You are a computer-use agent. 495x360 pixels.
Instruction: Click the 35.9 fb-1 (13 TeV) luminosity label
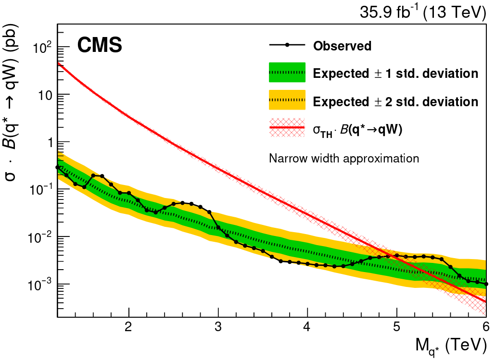tap(423, 12)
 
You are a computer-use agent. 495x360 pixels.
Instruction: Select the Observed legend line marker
tap(287, 46)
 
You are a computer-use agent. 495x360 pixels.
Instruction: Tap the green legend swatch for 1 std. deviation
tap(287, 73)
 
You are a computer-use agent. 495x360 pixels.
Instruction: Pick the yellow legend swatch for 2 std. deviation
tap(287, 101)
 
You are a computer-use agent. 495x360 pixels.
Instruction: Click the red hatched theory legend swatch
tap(287, 128)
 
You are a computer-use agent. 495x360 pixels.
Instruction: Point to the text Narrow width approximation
tap(344, 158)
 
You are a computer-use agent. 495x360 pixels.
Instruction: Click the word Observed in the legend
tap(342, 46)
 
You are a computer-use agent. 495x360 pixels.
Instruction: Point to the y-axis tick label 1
tap(47, 142)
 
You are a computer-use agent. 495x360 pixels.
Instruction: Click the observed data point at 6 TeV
tap(486, 284)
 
